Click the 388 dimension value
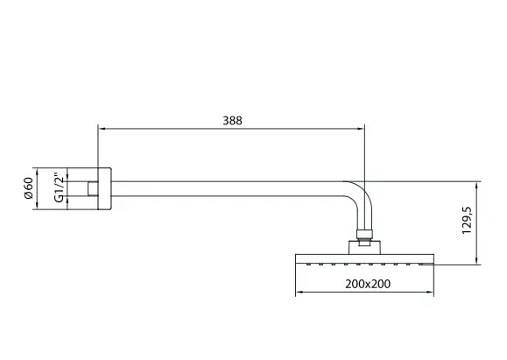232,121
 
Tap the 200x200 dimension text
368,284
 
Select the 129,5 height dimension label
468,220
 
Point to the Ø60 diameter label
28,188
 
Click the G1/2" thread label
60,188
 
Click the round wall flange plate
104,189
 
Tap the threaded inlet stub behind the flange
93,189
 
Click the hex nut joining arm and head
364,235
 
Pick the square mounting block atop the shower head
365,247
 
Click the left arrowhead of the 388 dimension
102,129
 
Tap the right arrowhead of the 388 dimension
361,129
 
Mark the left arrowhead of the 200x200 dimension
299,292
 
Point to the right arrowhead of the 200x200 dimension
430,292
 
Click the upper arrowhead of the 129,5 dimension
476,186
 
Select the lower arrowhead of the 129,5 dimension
476,260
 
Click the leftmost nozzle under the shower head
308,265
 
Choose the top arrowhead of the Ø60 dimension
37,172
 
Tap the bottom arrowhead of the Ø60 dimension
37,206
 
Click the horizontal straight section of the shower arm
227,189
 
